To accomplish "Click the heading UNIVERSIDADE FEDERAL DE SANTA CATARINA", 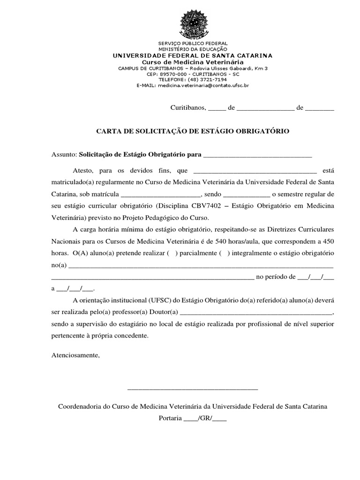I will point(193,56).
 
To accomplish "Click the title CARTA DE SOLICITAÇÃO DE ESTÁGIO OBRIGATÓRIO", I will point(193,131).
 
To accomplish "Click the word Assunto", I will point(63,154).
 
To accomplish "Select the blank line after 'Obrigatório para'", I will point(258,155).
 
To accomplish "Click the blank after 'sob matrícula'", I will point(161,194).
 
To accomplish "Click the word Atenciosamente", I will point(75,355).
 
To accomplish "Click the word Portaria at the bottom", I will point(170,418).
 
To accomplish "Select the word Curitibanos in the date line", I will point(187,107).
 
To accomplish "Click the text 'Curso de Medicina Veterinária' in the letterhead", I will point(193,62).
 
